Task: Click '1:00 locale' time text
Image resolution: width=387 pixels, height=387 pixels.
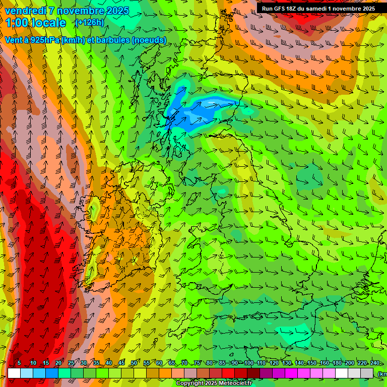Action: (x=36, y=23)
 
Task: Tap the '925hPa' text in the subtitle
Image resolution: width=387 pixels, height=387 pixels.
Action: (x=43, y=40)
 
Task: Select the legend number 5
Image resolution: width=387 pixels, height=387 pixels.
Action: (x=20, y=363)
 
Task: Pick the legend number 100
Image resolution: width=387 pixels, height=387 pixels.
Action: (x=248, y=363)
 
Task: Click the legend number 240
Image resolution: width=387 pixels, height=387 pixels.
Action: (x=375, y=363)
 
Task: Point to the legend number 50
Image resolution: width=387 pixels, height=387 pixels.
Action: (x=134, y=363)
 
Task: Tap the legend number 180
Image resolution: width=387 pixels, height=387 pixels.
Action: (x=337, y=363)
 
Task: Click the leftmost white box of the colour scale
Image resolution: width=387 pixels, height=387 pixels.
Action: (x=14, y=373)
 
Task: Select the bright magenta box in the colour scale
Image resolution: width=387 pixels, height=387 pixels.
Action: (x=291, y=373)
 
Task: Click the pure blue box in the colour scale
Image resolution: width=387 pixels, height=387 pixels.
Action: (x=52, y=373)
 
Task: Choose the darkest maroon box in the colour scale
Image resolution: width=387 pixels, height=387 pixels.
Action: (x=253, y=373)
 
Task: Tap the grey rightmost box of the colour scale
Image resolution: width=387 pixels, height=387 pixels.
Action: (x=367, y=373)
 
